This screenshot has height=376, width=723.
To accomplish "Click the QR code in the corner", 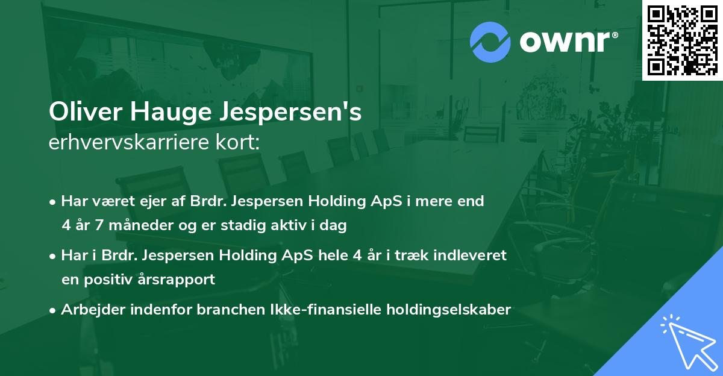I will click(681, 40).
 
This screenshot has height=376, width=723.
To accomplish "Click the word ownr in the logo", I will click(565, 42).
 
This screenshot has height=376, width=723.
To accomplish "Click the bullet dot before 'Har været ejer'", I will click(53, 201).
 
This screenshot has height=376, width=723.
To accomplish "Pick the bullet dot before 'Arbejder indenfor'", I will click(53, 310).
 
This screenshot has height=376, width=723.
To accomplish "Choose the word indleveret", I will click(473, 255).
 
